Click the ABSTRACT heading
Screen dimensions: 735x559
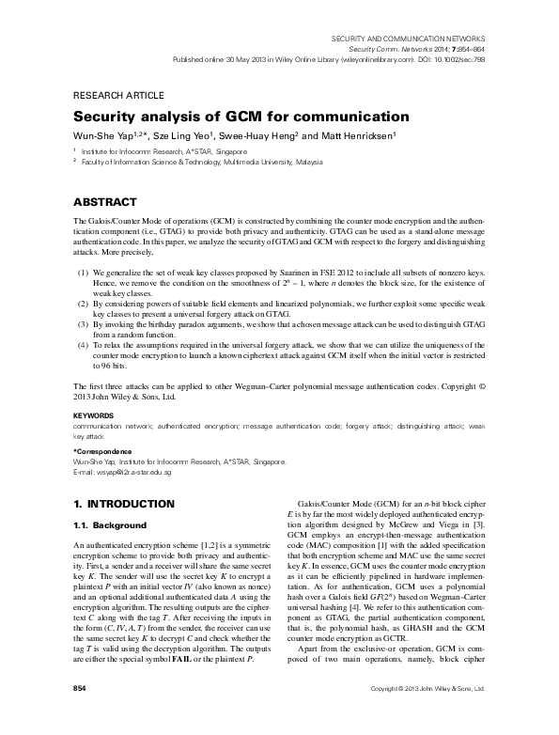(x=106, y=202)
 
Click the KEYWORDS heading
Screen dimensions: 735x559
(x=94, y=414)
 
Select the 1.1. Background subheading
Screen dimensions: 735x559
(x=110, y=524)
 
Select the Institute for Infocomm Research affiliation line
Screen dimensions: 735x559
(x=163, y=150)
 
